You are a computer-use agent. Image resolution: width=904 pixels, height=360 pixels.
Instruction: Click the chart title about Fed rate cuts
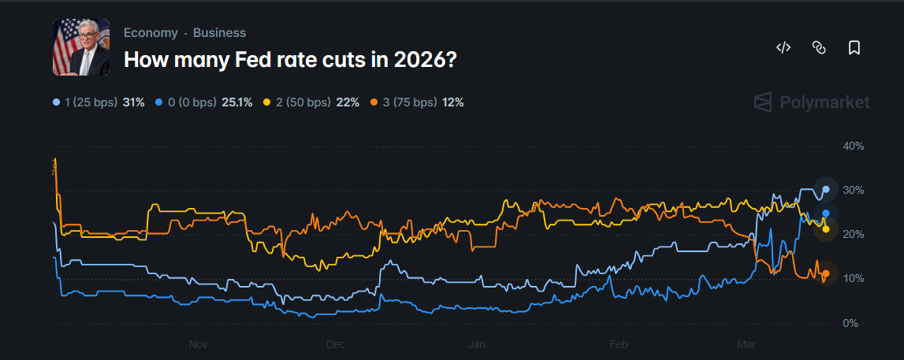290,59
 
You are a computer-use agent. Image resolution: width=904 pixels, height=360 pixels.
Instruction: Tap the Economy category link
151,33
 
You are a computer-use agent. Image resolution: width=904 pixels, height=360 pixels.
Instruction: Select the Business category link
219,33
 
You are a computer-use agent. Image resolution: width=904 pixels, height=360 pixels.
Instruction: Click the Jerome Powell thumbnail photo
81,48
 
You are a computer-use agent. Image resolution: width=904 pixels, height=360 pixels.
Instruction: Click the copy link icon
818,48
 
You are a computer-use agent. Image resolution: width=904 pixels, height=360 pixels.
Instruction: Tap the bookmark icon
854,48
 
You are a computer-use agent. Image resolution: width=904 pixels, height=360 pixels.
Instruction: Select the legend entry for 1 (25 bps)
99,102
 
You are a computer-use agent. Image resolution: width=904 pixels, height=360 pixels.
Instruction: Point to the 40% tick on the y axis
854,147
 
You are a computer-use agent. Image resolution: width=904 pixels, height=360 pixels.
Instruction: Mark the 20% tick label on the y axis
854,235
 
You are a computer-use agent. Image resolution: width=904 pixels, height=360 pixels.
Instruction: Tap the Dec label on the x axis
336,344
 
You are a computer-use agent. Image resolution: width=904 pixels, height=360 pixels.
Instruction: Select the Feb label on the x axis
619,344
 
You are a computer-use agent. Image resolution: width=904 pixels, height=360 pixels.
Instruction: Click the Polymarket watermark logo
812,102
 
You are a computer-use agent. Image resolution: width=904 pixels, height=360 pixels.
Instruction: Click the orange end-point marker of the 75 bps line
825,274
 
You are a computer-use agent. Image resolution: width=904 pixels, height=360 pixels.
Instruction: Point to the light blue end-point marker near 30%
825,189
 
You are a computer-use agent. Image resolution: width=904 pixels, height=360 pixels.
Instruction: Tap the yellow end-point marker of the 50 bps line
825,228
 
